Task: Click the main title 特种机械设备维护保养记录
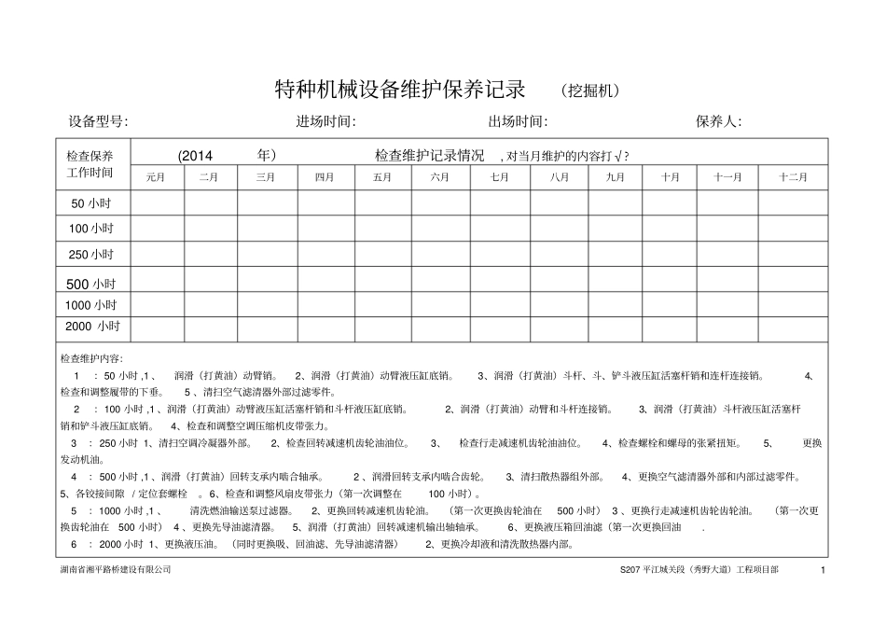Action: (x=400, y=90)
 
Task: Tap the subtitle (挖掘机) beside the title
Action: (x=590, y=91)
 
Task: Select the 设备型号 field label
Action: (x=99, y=122)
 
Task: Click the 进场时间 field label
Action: (x=326, y=122)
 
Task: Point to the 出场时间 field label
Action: (x=518, y=122)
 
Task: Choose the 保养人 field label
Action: (x=718, y=122)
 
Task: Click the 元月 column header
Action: (x=156, y=177)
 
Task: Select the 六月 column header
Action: (x=440, y=177)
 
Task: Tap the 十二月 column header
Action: (x=794, y=177)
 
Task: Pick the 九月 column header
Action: (x=616, y=177)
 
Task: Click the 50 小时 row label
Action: (x=92, y=202)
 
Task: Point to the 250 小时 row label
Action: (x=92, y=254)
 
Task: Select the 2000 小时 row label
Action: (x=92, y=327)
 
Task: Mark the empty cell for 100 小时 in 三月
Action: (x=265, y=228)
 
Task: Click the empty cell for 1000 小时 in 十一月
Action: (x=728, y=304)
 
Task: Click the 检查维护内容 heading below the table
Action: (x=98, y=358)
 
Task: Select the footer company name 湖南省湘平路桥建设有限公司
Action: (x=116, y=569)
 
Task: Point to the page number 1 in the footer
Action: (x=824, y=569)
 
